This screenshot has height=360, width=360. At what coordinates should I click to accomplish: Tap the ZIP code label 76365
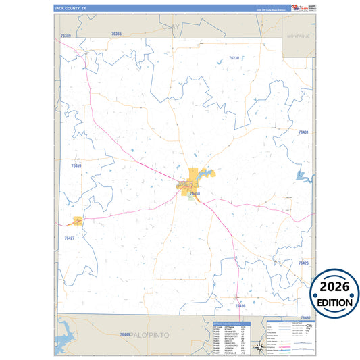[116, 34]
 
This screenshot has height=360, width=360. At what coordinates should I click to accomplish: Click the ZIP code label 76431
[303, 132]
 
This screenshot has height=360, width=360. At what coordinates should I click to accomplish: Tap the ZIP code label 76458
[195, 193]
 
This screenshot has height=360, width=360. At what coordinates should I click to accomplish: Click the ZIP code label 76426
[303, 263]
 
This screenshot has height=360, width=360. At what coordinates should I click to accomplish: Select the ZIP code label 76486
[240, 305]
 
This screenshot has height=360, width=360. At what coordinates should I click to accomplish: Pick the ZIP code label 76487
[305, 317]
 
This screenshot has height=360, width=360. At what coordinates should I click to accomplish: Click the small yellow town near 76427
[78, 220]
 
